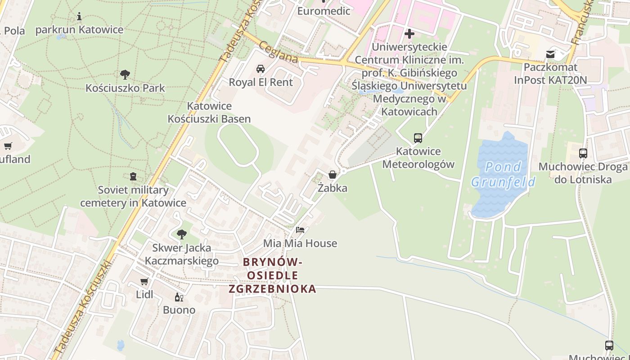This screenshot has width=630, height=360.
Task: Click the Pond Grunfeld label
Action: click(x=503, y=174)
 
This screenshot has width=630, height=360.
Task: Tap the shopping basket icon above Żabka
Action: click(x=332, y=175)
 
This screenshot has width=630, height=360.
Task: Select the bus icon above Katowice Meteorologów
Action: click(x=418, y=138)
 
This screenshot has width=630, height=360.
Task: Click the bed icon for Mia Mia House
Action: click(x=300, y=230)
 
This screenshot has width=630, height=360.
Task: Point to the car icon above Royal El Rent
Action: click(x=260, y=69)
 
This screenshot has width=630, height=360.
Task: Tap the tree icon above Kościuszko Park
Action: click(x=125, y=74)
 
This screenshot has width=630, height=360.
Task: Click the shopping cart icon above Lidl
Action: click(x=144, y=282)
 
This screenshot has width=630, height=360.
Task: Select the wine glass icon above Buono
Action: click(x=179, y=297)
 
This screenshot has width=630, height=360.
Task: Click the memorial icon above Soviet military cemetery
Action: click(x=133, y=176)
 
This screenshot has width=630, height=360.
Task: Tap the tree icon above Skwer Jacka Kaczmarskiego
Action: click(x=182, y=234)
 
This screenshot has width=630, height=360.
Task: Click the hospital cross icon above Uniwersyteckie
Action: click(x=409, y=34)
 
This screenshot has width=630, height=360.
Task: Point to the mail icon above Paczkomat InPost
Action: click(x=550, y=54)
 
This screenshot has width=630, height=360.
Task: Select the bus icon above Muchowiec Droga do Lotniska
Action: click(x=583, y=153)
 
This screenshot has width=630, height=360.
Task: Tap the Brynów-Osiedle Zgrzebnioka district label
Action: click(x=272, y=275)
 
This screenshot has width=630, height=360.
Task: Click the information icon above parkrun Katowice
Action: click(x=79, y=17)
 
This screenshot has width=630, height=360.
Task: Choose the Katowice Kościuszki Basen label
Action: click(x=209, y=112)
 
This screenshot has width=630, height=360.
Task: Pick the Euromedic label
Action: click(x=324, y=11)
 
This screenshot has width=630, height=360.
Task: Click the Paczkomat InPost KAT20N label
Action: click(x=551, y=73)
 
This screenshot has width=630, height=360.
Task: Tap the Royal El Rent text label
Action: click(x=261, y=82)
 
